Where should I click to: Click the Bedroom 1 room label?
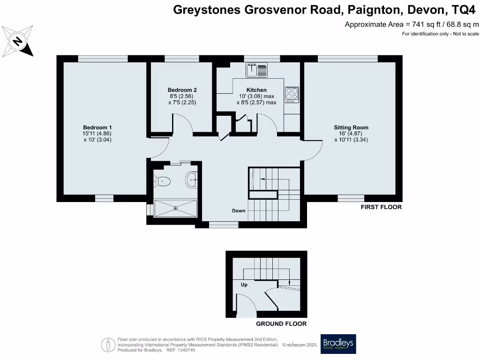pos(97,127)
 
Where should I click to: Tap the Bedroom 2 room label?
pos(182,90)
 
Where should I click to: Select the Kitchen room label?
pos(256,90)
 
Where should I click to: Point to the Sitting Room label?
pos(351,127)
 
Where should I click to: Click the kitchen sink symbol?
pos(256,70)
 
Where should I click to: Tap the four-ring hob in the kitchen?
pos(292,94)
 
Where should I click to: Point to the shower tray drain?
pos(176,209)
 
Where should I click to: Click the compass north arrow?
pos(18,41)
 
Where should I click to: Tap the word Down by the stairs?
pos(239,211)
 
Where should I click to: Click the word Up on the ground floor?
pos(244,285)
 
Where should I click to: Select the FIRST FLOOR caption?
pos(381,207)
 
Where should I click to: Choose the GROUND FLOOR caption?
pos(281,324)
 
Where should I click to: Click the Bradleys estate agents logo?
pos(338,344)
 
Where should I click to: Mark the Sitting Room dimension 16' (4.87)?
pos(351,133)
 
